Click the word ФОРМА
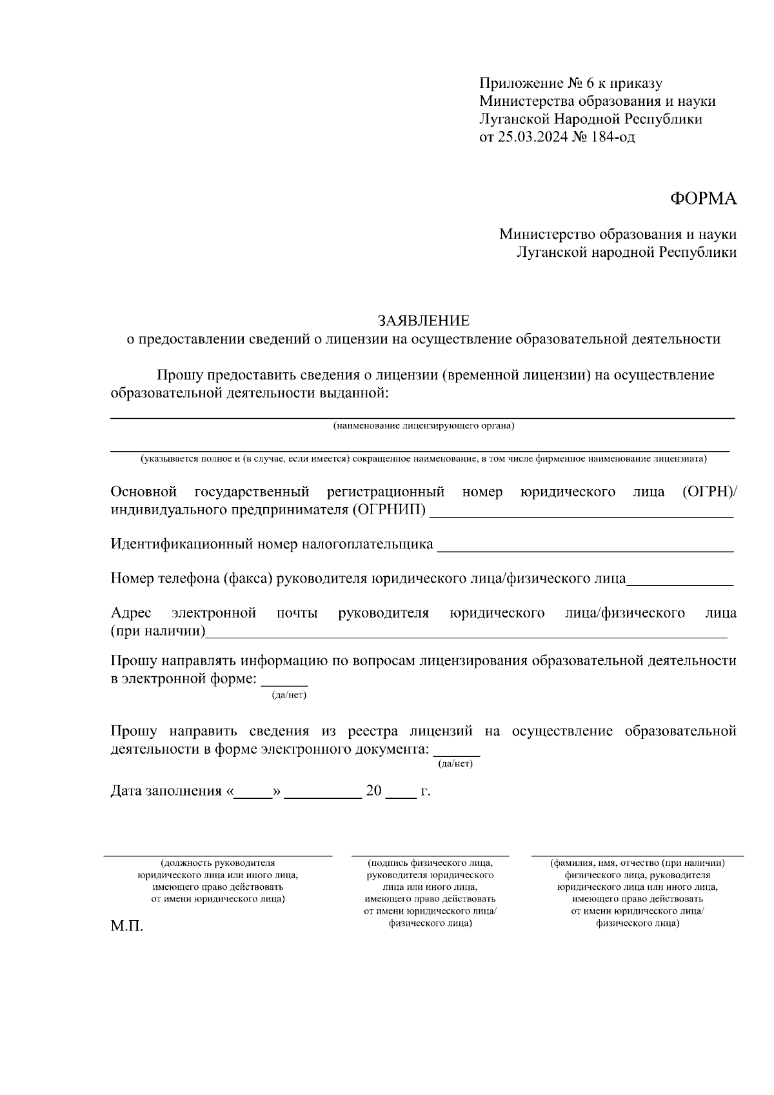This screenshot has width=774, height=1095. (x=703, y=199)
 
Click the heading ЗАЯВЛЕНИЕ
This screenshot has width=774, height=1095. (x=423, y=321)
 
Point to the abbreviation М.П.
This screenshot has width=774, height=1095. (x=126, y=927)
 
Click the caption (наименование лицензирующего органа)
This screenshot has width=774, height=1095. (x=423, y=426)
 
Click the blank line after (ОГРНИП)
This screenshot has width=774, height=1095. (x=580, y=516)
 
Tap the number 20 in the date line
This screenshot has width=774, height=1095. (x=374, y=791)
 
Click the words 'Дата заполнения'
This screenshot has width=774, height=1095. (x=166, y=791)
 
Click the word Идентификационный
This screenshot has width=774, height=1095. (x=182, y=544)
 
